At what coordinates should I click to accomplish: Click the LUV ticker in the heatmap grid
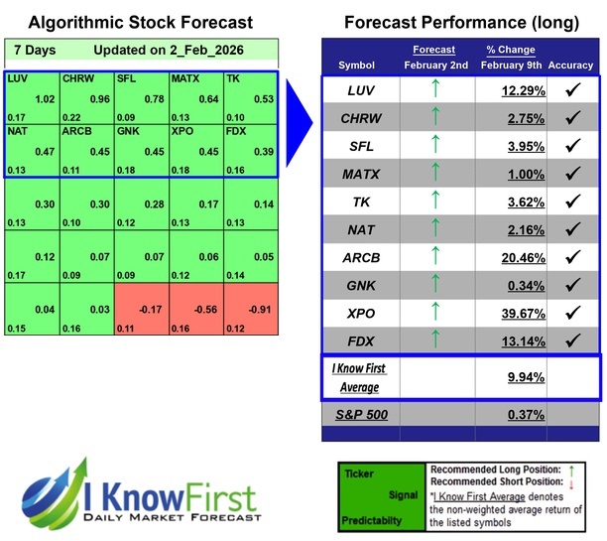click(x=18, y=78)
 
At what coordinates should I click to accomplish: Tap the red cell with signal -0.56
click(x=195, y=309)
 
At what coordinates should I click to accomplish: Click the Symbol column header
click(x=357, y=66)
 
